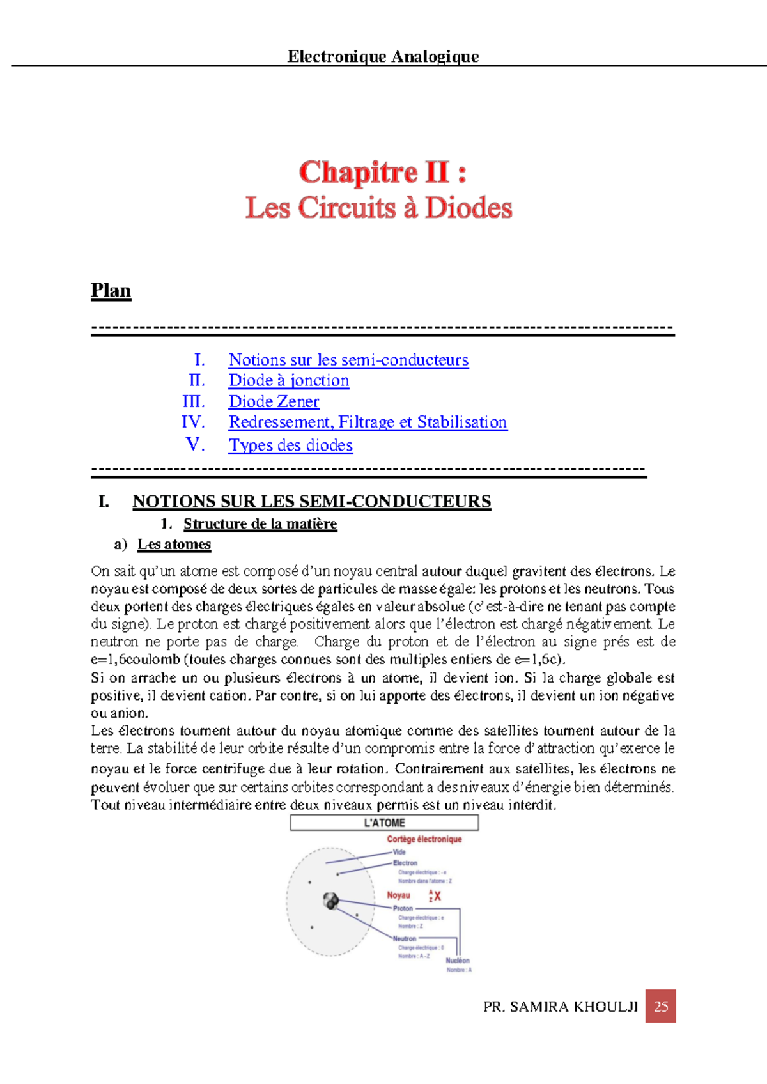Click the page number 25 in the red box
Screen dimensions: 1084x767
click(x=660, y=1006)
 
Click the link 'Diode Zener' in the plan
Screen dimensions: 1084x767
click(x=274, y=401)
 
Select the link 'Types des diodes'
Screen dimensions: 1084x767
click(x=290, y=445)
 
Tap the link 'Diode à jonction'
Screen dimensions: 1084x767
click(x=289, y=380)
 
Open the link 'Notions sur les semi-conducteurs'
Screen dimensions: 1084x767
click(x=348, y=360)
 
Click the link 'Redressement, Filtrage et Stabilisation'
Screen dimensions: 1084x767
click(x=368, y=422)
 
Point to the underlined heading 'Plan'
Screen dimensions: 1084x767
click(x=111, y=291)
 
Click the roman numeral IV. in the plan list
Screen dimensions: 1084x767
click(x=192, y=422)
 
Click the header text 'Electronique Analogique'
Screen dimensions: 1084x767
click(x=383, y=56)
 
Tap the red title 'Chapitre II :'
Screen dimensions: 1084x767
click(x=382, y=173)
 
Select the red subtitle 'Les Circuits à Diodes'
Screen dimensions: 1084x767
click(x=378, y=208)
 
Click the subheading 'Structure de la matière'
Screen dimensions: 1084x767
click(x=260, y=524)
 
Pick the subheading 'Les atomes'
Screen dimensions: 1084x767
click(x=174, y=545)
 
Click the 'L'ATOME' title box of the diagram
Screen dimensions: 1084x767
click(x=384, y=823)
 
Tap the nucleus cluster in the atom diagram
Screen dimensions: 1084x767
click(x=330, y=901)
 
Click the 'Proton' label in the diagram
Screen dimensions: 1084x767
click(x=403, y=908)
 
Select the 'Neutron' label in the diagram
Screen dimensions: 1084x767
click(x=404, y=939)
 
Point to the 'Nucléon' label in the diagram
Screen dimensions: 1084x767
click(x=458, y=960)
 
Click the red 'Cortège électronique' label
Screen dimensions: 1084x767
click(x=424, y=839)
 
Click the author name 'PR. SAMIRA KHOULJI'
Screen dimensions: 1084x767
click(x=561, y=1007)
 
